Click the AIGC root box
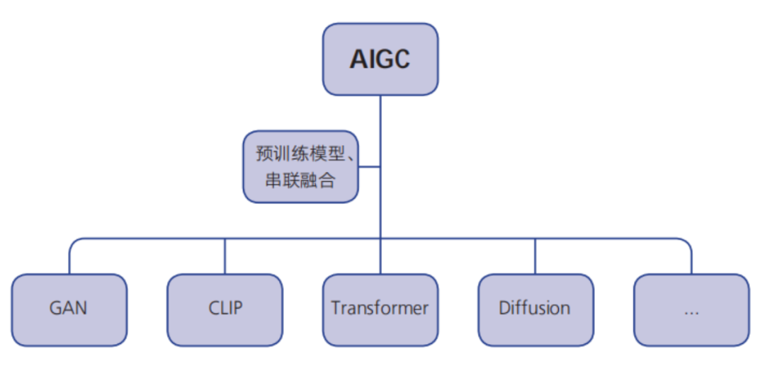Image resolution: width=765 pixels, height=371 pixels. [380, 59]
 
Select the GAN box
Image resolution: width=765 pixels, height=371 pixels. [69, 310]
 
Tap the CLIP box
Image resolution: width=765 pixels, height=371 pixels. [225, 310]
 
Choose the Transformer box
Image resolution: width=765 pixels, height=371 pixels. [380, 310]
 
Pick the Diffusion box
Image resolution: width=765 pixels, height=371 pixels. [535, 310]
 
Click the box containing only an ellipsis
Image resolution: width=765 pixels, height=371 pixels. [691, 310]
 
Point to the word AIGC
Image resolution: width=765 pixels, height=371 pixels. [380, 59]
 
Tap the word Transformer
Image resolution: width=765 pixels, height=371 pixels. [380, 309]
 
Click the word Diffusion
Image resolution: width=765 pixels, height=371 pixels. [535, 309]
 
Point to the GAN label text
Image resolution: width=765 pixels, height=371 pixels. [69, 309]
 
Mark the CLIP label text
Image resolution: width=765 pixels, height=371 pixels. [225, 309]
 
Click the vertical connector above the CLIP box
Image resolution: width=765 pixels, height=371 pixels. [225, 256]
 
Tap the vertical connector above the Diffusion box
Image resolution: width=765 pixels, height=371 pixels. [535, 256]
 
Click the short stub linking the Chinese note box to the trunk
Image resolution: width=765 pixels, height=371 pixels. [369, 167]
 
